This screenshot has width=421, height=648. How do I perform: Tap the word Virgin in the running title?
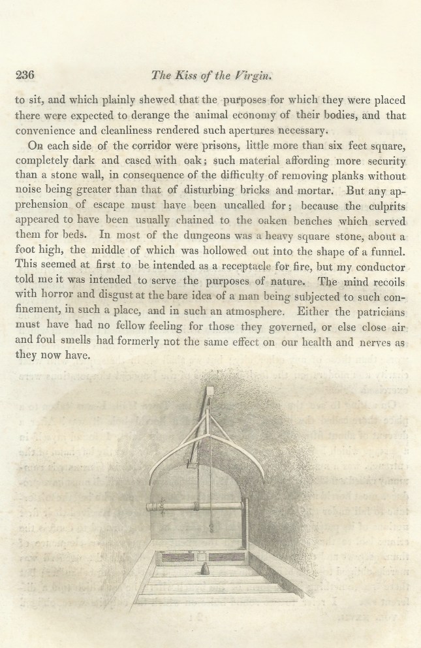(252, 74)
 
